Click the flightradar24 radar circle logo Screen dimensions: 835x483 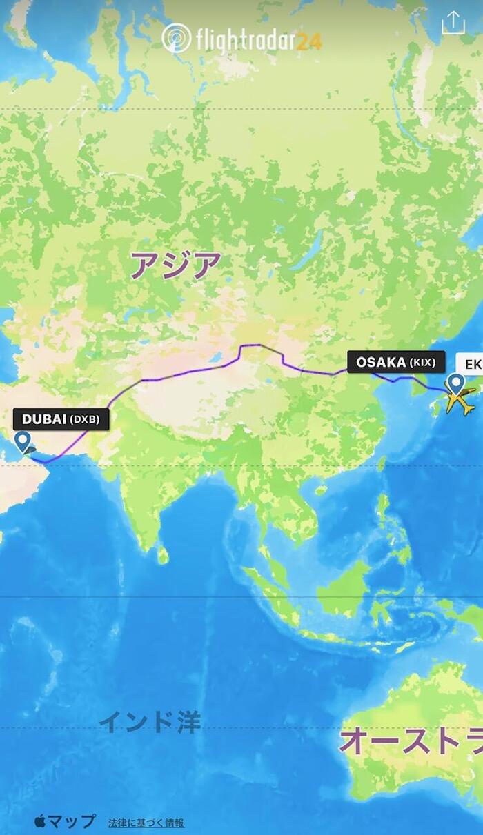click(176, 38)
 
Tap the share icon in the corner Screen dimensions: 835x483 click(453, 23)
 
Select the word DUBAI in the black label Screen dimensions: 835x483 click(44, 419)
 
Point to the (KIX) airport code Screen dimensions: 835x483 click(422, 362)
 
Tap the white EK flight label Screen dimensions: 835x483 click(473, 363)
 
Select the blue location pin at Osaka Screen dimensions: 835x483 click(455, 384)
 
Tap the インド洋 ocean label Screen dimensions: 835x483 click(150, 722)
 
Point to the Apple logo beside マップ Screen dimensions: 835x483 click(40, 821)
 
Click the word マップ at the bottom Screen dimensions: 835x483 click(72, 822)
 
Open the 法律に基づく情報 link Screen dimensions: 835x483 click(146, 823)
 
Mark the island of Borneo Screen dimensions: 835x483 click(345, 590)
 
